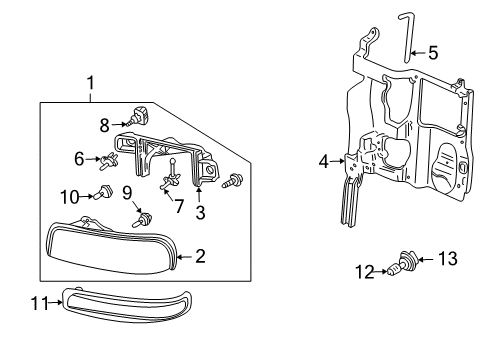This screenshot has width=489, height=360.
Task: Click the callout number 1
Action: coord(91,84)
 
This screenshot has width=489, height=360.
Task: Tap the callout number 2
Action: coord(200,257)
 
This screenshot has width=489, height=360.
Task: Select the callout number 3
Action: coord(200,211)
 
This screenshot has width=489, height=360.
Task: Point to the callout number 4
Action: coord(324,160)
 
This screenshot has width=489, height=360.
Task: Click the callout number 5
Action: coord(432,51)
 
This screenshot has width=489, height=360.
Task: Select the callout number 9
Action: coord(128,191)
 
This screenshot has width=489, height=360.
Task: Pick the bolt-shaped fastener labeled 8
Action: coord(138,117)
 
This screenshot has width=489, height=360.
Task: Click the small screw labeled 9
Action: coord(145,217)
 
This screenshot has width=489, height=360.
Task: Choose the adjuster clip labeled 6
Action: coord(112,157)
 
